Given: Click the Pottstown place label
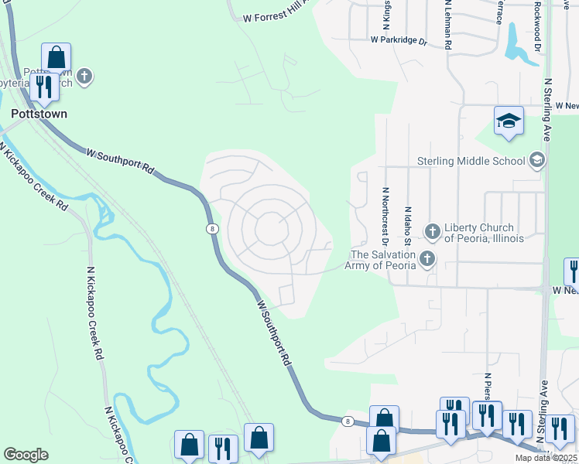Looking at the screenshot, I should click(x=39, y=113).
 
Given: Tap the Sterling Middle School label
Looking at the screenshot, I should click(x=472, y=161).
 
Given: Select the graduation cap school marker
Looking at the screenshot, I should click(x=509, y=121).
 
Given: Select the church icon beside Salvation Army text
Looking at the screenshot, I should click(x=427, y=259).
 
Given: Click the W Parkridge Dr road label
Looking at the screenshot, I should click(x=399, y=39).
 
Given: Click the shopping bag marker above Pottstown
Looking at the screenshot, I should click(x=56, y=57).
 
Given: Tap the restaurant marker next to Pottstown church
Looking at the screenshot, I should click(x=44, y=87).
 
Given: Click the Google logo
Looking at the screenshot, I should click(x=26, y=455).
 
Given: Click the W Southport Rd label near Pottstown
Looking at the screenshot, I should click(x=120, y=160).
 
